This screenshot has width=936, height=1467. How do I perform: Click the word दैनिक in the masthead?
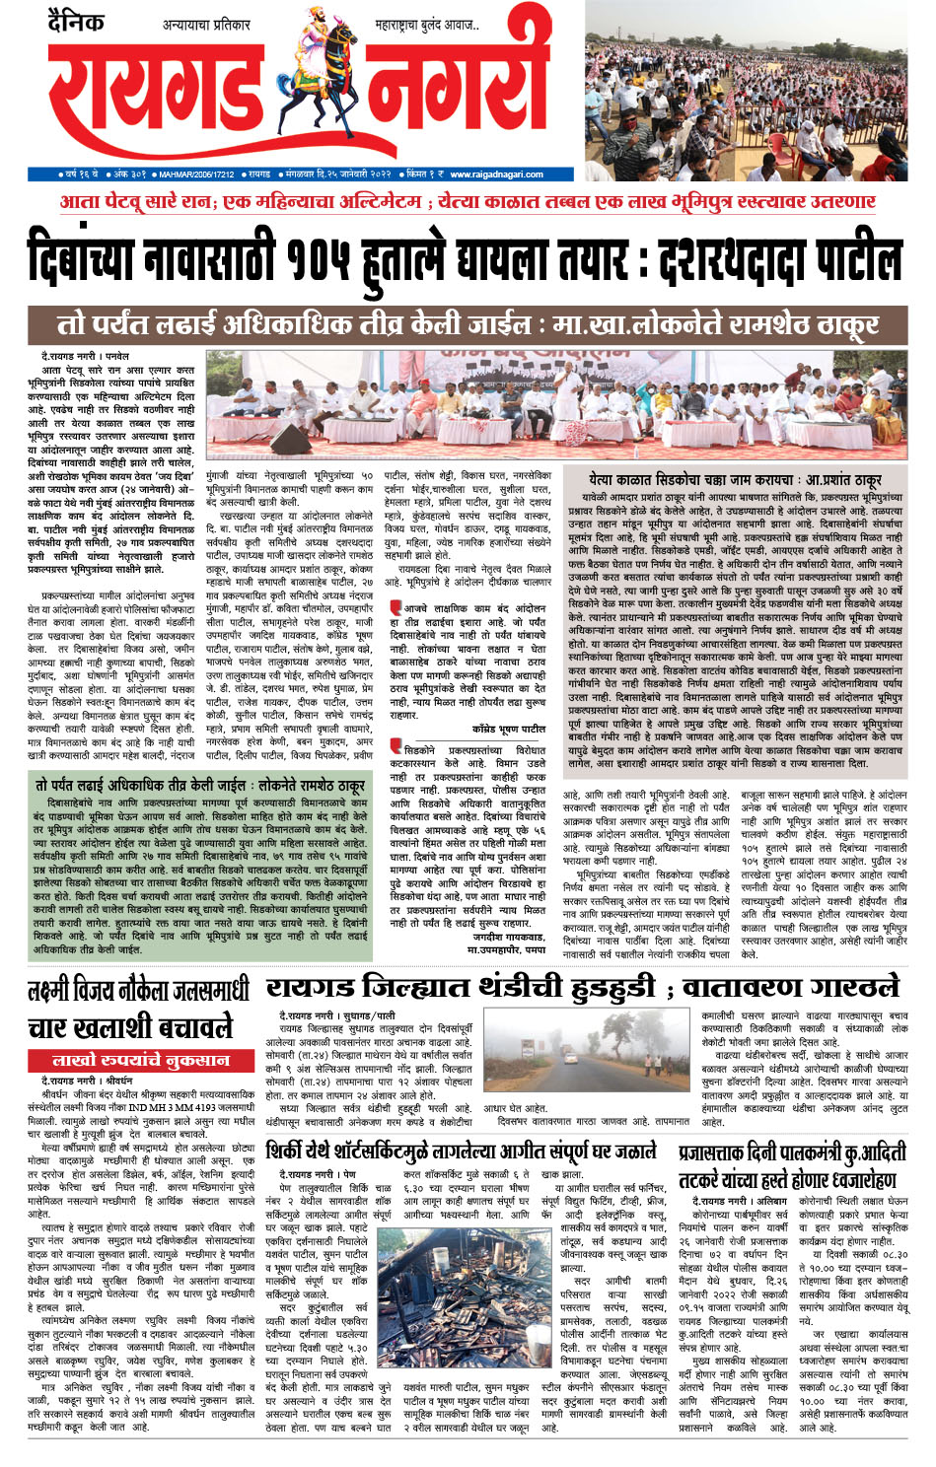pos(76,21)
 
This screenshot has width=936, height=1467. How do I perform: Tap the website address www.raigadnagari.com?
pos(483,175)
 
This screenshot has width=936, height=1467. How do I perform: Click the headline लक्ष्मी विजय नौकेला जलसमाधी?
pos(138,991)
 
